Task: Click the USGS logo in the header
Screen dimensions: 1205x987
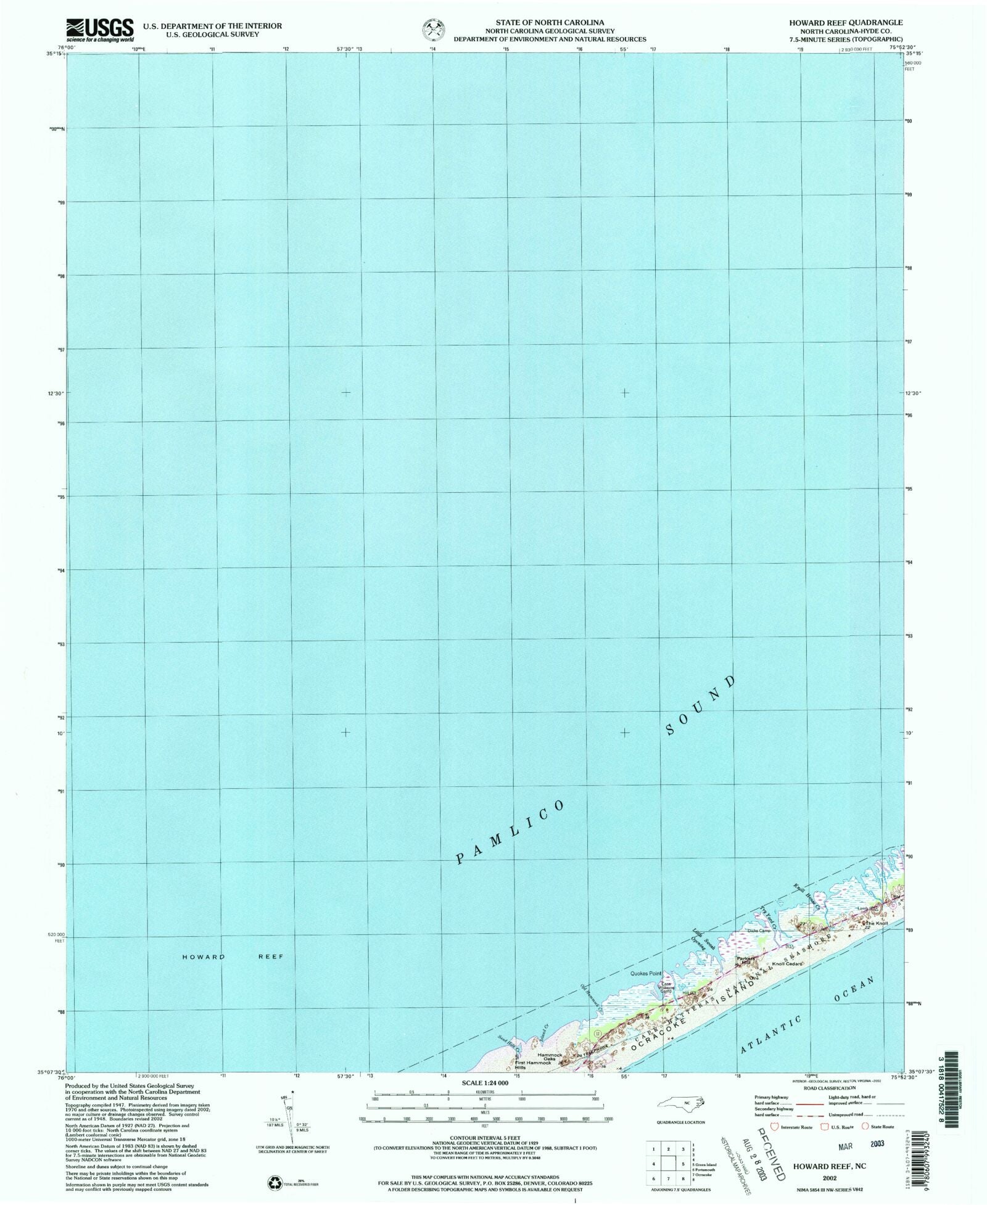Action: pyautogui.click(x=99, y=29)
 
